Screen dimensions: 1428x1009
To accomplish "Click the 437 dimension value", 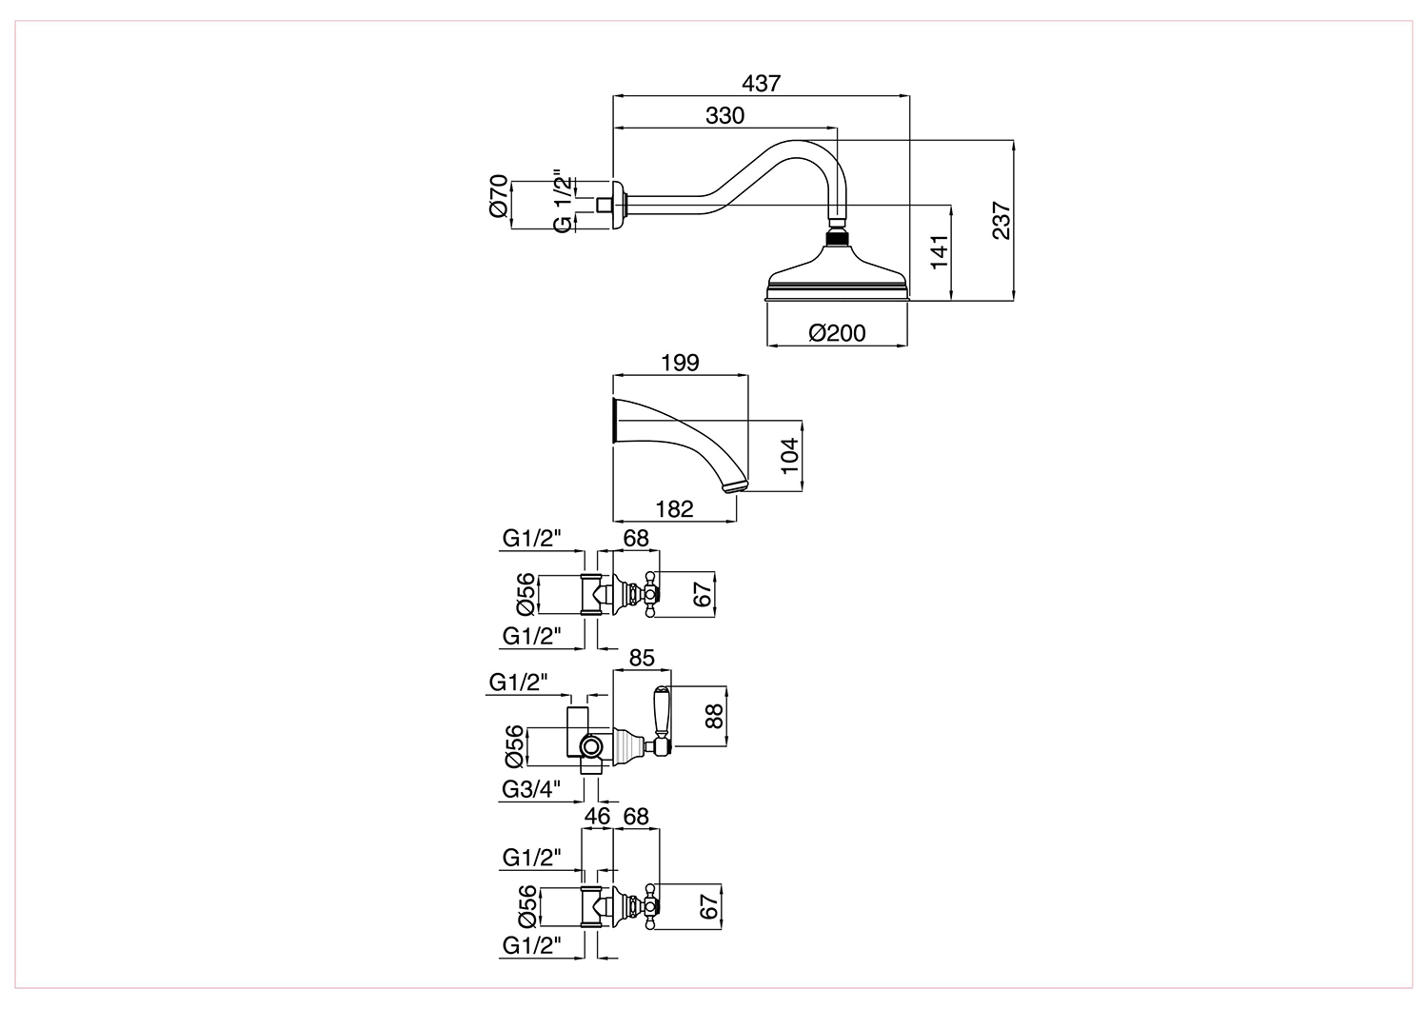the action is coord(762,83).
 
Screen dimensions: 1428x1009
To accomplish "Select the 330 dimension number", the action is coord(724,115).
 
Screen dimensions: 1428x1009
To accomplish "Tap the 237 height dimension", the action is coord(1002,221).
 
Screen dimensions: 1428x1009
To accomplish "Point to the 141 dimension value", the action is coord(940,252).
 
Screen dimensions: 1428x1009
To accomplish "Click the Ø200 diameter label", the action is coord(837,333).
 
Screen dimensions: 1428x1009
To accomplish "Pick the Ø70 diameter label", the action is coord(499,196).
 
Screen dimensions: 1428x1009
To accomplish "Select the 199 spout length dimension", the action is coord(681,362).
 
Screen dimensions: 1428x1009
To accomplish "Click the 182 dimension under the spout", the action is coord(674,508).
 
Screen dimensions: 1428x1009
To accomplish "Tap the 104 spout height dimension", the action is coord(789,456).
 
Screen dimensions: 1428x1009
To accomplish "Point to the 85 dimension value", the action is coord(642,658).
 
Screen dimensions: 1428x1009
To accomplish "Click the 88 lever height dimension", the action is coord(715,716).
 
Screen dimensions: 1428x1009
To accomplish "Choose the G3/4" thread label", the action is coord(531,789).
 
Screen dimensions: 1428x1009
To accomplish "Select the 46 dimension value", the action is coord(597,816).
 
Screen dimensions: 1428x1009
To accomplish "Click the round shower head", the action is coord(837,274).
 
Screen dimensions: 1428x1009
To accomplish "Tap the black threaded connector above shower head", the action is coord(837,239).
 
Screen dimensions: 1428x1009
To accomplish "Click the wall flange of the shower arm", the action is coord(619,204).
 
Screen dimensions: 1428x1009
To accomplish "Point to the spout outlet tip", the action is coord(736,485).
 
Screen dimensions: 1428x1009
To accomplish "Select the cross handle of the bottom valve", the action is coord(649,906).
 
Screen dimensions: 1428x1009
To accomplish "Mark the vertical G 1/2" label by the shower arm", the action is coord(561,202).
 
